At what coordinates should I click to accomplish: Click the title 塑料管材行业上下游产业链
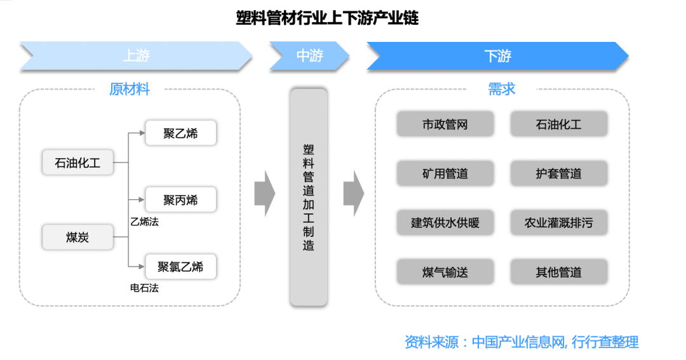tap(327, 18)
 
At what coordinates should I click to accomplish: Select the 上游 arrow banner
tap(136, 56)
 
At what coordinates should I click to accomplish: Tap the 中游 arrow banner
tap(309, 56)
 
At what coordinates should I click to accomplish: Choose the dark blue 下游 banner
tap(497, 56)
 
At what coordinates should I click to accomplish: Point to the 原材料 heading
tap(130, 89)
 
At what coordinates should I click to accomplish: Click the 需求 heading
tap(501, 89)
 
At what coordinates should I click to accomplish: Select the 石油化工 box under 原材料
tap(78, 163)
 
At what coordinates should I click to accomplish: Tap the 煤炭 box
tap(78, 237)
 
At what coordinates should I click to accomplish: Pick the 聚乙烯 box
tap(180, 133)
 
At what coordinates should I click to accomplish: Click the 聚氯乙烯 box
tap(180, 267)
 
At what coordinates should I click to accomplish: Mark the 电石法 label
tap(144, 288)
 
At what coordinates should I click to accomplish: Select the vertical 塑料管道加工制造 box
tap(309, 197)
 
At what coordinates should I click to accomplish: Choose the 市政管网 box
tap(445, 124)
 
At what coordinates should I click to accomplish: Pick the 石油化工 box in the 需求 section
tap(558, 124)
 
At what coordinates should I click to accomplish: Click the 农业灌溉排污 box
tap(558, 223)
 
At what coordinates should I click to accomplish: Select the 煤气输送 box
tap(445, 272)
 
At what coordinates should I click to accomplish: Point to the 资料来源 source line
tap(521, 342)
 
